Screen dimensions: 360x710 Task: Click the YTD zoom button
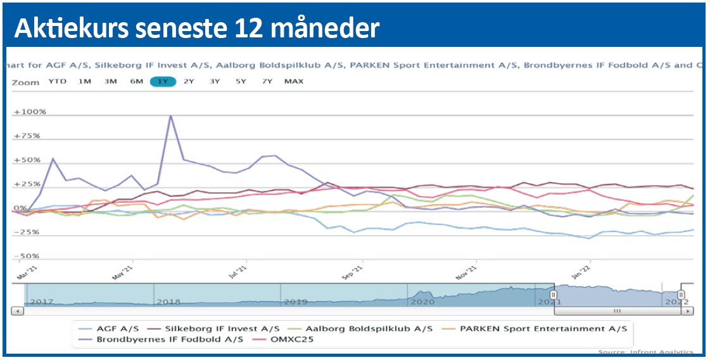click(x=57, y=82)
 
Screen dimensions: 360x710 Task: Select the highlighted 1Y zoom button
click(x=163, y=82)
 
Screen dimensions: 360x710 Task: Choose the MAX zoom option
click(x=294, y=82)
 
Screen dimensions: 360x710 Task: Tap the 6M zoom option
click(x=136, y=82)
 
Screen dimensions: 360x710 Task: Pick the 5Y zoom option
click(x=241, y=82)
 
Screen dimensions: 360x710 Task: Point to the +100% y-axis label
click(x=30, y=112)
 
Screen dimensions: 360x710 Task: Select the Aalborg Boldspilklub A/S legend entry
click(x=369, y=329)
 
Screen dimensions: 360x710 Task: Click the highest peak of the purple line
click(x=170, y=115)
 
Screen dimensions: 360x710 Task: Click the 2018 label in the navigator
click(x=168, y=302)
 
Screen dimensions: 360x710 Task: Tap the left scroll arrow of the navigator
click(x=18, y=311)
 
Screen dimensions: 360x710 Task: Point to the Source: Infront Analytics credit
click(x=646, y=352)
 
